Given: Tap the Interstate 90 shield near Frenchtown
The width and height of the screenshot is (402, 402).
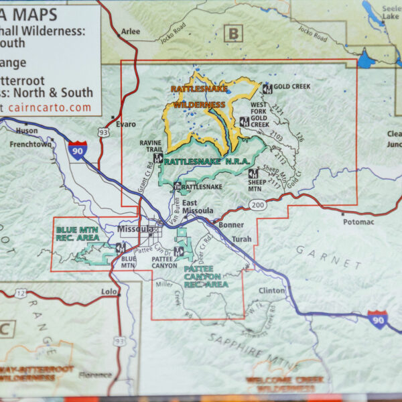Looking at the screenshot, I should pyautogui.click(x=77, y=151).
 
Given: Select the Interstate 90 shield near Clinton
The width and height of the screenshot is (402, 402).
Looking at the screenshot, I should pyautogui.click(x=377, y=319).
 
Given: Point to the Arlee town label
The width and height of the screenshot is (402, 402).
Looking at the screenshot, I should pyautogui.click(x=131, y=31).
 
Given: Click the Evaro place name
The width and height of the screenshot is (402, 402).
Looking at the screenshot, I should pyautogui.click(x=125, y=124).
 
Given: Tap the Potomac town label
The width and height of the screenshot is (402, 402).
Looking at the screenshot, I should pyautogui.click(x=357, y=221).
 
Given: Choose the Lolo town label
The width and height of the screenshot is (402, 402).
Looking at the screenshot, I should pyautogui.click(x=108, y=292).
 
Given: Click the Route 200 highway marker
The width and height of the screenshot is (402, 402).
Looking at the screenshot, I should pyautogui.click(x=259, y=203).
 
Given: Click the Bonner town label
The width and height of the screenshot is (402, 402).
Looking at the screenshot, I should pyautogui.click(x=231, y=225).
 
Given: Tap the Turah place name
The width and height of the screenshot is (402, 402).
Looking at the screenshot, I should pyautogui.click(x=241, y=239).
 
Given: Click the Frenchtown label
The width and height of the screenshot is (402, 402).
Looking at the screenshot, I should pyautogui.click(x=30, y=144).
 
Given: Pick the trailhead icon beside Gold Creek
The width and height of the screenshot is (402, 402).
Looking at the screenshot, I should pyautogui.click(x=267, y=88).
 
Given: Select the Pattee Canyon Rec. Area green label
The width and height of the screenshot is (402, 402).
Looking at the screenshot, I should pyautogui.click(x=205, y=276).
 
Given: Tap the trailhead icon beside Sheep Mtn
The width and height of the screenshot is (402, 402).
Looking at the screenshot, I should pyautogui.click(x=253, y=174).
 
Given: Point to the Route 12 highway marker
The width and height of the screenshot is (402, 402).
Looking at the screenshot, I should pyautogui.click(x=21, y=293).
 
